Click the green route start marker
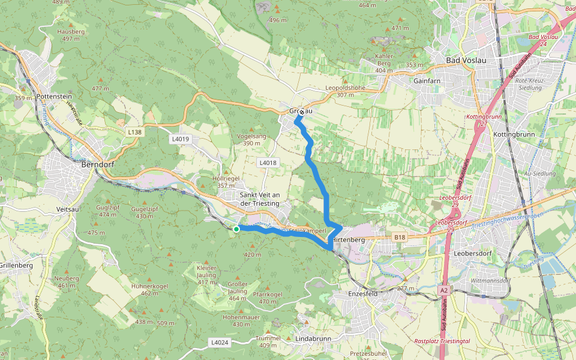236,229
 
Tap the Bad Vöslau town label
466,61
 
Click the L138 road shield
134,131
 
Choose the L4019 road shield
180,139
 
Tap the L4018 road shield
268,163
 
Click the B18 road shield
400,238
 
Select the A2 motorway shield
443,290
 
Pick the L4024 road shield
220,342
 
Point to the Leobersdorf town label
473,253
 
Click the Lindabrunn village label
313,339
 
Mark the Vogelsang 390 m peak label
251,139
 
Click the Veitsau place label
67,209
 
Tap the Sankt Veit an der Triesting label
259,199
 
